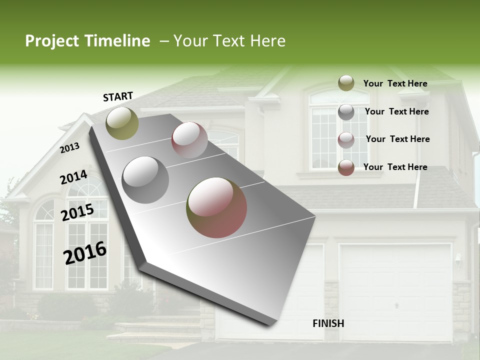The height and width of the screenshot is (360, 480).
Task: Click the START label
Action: click(118, 96)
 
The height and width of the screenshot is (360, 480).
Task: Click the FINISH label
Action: click(328, 323)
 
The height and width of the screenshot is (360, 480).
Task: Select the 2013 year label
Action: click(70, 148)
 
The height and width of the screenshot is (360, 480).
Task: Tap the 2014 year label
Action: click(73, 177)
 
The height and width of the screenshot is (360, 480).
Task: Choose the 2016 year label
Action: click(85, 253)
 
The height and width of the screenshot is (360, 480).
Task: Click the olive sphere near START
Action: click(122, 123)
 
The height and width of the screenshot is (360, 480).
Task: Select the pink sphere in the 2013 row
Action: click(189, 140)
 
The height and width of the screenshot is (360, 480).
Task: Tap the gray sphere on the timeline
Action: click(145, 180)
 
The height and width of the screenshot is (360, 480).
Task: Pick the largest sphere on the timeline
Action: click(216, 207)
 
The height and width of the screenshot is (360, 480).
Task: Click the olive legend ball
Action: click(346, 83)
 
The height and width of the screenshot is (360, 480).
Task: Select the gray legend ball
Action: click(346, 112)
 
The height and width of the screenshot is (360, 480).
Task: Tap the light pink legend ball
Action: click(346, 140)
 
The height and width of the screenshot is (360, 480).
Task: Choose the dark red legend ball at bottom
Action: click(346, 167)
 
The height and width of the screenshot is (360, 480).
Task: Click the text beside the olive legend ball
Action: click(395, 84)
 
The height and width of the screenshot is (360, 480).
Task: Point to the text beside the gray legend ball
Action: click(396, 111)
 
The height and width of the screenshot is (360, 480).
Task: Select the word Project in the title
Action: click(52, 41)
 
